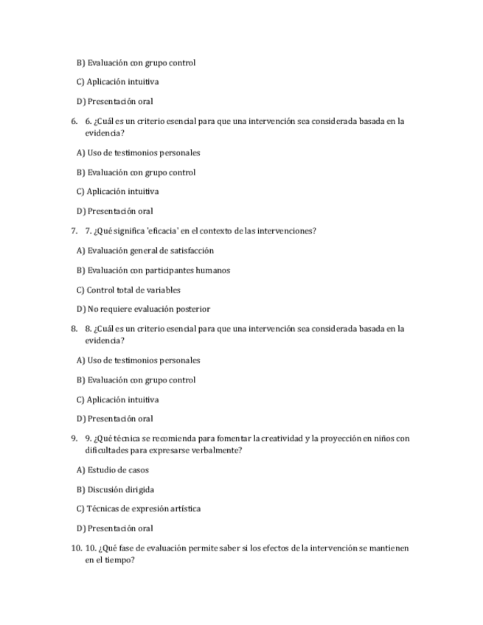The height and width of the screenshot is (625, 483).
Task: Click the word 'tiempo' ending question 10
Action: (x=119, y=560)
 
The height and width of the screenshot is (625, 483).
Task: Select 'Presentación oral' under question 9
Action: (x=119, y=528)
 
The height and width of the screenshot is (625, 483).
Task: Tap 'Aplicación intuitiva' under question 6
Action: (x=122, y=192)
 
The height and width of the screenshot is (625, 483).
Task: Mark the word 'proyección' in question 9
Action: (x=339, y=439)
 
